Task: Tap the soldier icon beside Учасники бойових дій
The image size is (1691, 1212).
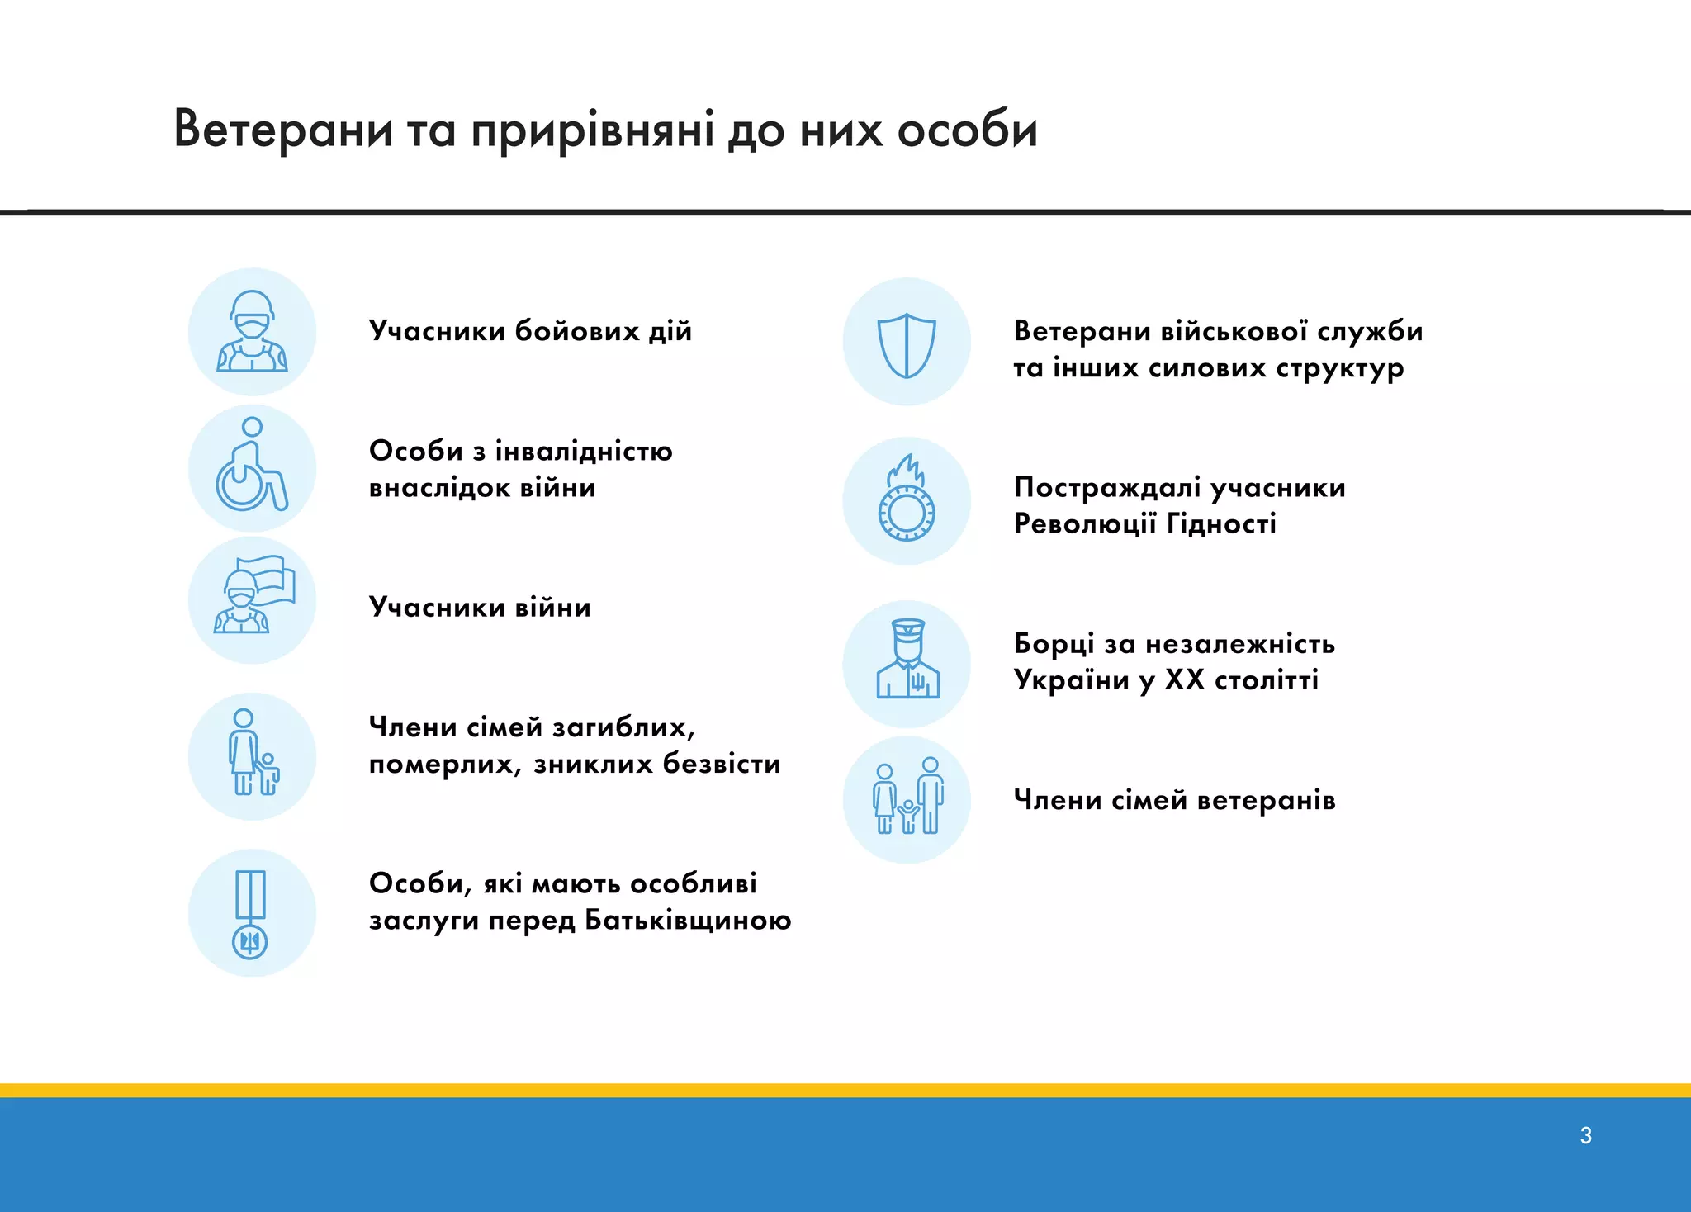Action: (252, 332)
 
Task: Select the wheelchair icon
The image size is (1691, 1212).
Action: (252, 466)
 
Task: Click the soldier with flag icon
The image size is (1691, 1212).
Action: (252, 600)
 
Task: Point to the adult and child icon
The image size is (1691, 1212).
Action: (252, 755)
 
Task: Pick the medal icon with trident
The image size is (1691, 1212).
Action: (251, 913)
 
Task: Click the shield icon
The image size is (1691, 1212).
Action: (906, 343)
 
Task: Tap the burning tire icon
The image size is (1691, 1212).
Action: (906, 500)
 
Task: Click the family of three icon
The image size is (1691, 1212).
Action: (907, 798)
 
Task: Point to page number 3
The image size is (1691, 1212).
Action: (1585, 1135)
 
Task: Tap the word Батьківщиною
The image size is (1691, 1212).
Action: (688, 920)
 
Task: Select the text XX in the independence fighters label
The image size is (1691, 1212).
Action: (1184, 680)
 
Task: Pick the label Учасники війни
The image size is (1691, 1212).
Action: (480, 608)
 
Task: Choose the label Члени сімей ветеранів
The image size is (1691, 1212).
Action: (1174, 800)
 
